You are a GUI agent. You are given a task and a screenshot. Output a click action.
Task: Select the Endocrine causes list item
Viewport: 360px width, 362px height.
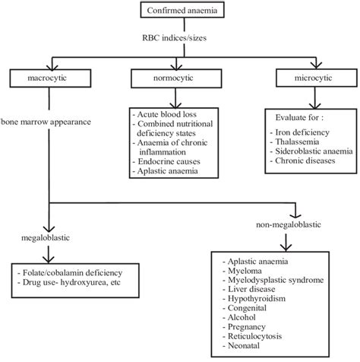pyautogui.click(x=169, y=161)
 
